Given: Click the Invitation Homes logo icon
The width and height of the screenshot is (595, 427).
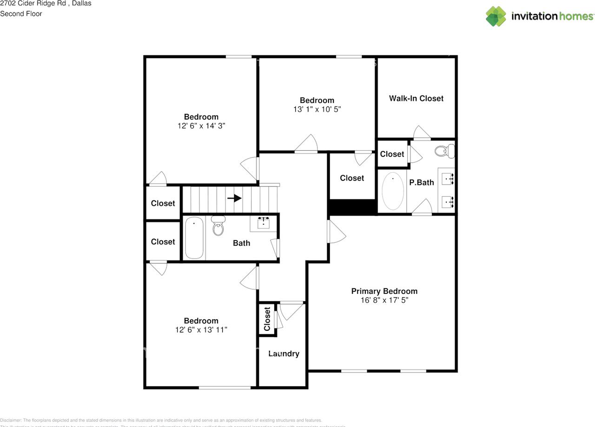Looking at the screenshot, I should click(496, 16).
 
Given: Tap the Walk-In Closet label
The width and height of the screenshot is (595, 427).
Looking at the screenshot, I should click(416, 98).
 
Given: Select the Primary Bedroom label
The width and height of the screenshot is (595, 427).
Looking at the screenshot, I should click(384, 291).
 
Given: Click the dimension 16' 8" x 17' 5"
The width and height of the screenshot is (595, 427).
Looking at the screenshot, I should click(384, 300).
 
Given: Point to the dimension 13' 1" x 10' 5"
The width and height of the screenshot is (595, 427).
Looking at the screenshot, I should click(317, 109).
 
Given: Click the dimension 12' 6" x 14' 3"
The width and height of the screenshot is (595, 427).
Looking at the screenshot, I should click(201, 126).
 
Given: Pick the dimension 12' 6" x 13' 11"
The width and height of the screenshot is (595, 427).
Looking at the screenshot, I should click(201, 330).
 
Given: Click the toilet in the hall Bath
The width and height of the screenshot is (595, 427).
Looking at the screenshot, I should click(218, 226).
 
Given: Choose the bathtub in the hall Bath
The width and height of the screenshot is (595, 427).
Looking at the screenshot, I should click(194, 239).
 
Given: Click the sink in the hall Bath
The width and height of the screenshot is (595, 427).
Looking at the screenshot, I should click(264, 222).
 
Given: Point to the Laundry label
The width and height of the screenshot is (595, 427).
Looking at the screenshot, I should click(284, 354).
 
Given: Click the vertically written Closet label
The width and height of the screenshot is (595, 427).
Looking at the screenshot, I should click(267, 319).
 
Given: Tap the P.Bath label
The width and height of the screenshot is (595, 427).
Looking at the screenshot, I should click(421, 182).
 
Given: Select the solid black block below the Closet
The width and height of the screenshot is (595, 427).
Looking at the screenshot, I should click(352, 207).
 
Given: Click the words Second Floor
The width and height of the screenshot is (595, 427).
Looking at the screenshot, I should click(21, 13).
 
